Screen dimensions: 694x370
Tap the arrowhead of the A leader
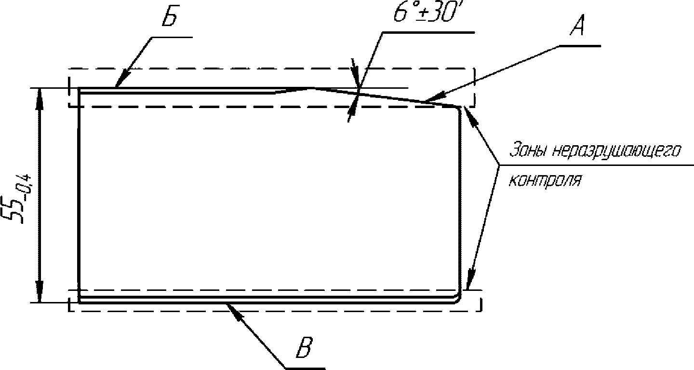tap(429, 100)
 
